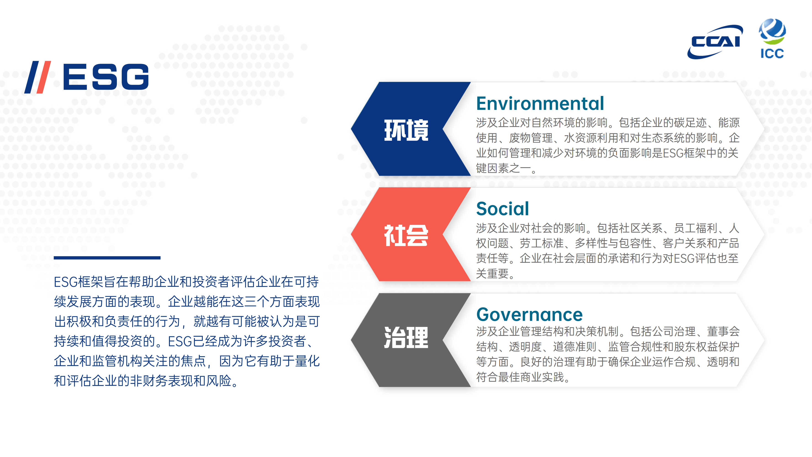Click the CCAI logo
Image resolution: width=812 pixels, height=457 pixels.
pyautogui.click(x=715, y=42)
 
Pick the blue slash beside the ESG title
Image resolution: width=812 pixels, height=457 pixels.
pyautogui.click(x=32, y=77)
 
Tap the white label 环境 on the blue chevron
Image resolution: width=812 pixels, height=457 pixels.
pyautogui.click(x=406, y=130)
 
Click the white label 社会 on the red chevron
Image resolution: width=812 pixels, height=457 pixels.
pyautogui.click(x=406, y=235)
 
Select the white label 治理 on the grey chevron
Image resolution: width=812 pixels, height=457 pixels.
pyautogui.click(x=406, y=337)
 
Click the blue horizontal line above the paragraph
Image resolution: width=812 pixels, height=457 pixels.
pyautogui.click(x=107, y=258)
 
